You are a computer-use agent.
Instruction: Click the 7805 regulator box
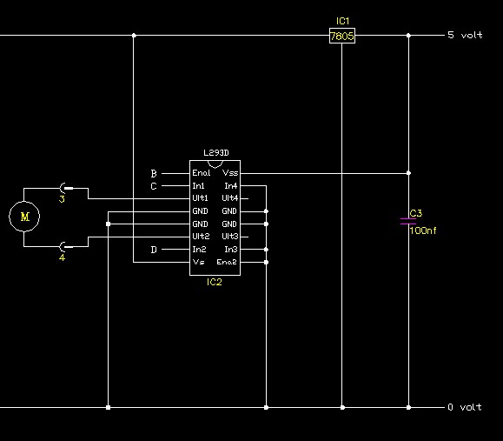coord(342,36)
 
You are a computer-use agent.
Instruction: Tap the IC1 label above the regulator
coord(342,21)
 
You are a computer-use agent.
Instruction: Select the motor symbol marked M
coord(24,217)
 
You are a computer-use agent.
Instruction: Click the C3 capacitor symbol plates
coord(408,221)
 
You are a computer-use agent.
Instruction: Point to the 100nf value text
coord(423,231)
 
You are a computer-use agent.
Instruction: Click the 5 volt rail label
coord(465,35)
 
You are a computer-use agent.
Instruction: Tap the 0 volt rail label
coord(465,407)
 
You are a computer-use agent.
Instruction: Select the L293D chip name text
coord(216,153)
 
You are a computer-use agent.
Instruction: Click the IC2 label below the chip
coord(215,282)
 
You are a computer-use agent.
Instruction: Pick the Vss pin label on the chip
coord(230,173)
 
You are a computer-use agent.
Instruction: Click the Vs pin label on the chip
coord(198,262)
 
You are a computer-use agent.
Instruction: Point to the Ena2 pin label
coord(227,262)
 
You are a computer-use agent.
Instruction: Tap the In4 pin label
coord(231,186)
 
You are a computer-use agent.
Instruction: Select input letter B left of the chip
coord(154,174)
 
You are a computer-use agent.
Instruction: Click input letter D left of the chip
coord(154,250)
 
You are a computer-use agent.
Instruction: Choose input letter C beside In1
coord(154,186)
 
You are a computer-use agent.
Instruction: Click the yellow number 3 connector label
coord(62,199)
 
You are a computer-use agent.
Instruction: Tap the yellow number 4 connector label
coord(62,257)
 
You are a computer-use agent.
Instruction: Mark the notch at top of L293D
coord(215,164)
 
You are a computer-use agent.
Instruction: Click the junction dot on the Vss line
coord(408,173)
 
